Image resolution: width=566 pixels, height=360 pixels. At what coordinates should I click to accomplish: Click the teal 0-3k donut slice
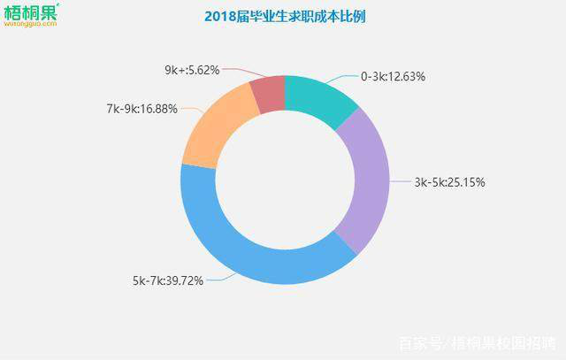(319, 100)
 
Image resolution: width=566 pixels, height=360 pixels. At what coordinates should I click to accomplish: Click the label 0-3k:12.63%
(393, 76)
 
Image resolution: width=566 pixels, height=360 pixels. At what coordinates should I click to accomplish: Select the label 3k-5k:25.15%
(449, 182)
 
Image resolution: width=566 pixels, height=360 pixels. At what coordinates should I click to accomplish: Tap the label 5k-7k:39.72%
(168, 280)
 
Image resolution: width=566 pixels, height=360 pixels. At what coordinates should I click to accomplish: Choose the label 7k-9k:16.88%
(142, 109)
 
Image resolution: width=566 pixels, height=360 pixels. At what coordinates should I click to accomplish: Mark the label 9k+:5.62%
(192, 69)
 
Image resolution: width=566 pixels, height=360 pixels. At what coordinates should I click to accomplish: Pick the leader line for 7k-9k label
(187, 111)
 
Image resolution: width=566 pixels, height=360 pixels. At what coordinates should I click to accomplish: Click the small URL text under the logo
(30, 26)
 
